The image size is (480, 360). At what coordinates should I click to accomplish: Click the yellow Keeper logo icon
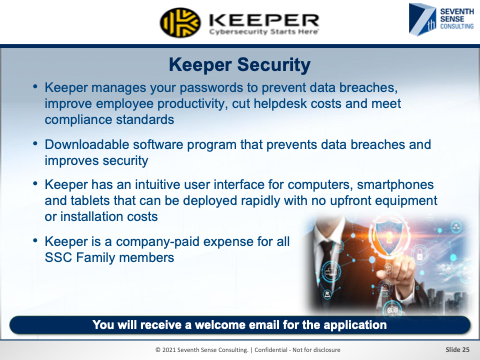(x=180, y=23)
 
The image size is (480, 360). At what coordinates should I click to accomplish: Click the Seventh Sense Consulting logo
(x=441, y=19)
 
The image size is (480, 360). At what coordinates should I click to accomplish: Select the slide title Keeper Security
(x=240, y=65)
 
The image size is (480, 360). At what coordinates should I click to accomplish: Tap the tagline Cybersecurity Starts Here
(x=263, y=32)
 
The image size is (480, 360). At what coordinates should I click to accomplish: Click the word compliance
(x=78, y=120)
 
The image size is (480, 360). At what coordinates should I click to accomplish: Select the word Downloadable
(x=86, y=144)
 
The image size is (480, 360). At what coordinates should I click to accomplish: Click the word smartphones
(x=395, y=184)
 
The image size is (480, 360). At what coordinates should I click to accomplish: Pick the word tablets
(x=90, y=201)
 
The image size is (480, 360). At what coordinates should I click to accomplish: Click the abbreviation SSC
(x=58, y=258)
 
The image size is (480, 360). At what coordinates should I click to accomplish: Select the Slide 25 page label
(x=457, y=350)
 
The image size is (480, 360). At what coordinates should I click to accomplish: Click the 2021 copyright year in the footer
(x=169, y=350)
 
